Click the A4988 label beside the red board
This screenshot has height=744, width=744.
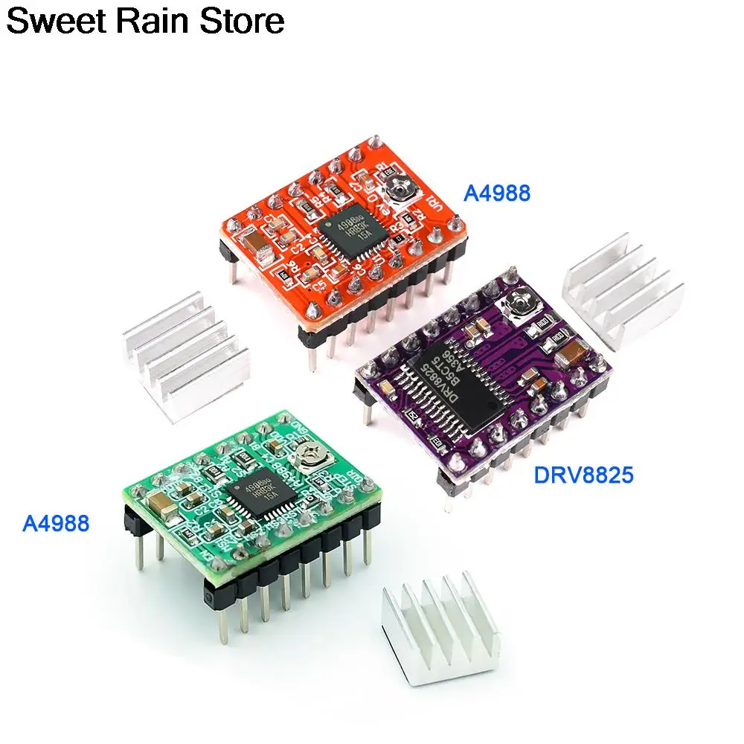[497, 193]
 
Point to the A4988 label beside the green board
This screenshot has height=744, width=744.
[56, 524]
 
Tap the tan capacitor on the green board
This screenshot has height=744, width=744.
[162, 507]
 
